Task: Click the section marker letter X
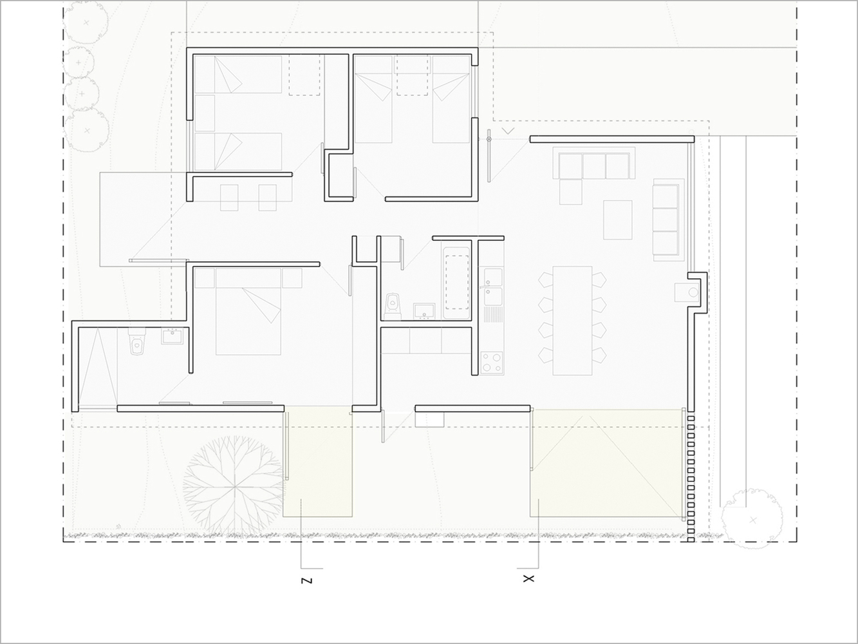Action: point(528,579)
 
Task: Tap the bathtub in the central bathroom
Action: point(456,283)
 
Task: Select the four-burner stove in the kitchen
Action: point(492,363)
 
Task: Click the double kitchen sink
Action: point(493,287)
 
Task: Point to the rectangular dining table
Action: point(572,321)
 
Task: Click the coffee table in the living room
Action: point(618,220)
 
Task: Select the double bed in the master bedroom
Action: point(248,312)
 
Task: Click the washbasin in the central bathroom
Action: point(424,312)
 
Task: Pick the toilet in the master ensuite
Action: point(137,341)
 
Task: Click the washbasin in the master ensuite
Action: point(173,336)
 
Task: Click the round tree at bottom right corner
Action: point(752,518)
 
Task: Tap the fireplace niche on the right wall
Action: point(697,292)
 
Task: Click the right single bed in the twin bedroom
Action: point(451,99)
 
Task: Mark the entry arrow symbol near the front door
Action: point(508,131)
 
